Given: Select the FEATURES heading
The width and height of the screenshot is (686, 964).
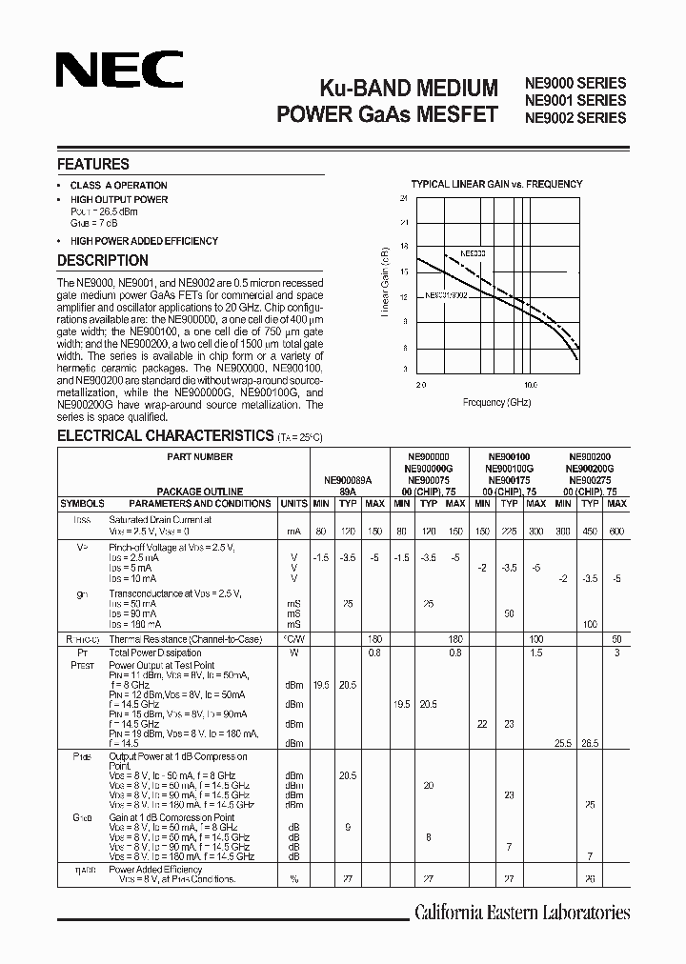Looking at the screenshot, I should point(93,164).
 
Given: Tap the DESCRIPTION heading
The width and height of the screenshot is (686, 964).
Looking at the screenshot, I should point(103,260).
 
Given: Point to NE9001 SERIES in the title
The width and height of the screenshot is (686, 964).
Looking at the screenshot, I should point(575,100).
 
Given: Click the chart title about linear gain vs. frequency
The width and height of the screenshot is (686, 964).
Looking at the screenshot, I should point(496,184).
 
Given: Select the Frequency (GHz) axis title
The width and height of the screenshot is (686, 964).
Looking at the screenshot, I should point(497,403).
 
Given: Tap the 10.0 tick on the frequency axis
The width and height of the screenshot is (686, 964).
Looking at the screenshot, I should point(530,386).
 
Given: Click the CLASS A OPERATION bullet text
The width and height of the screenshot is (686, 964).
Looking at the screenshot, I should point(118,186).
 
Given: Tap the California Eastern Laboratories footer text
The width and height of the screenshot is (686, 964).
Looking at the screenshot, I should point(521,913).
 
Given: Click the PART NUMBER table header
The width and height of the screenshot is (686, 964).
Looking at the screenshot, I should point(199,457).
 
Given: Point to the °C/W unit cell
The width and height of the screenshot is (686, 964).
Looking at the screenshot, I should point(294,639).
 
